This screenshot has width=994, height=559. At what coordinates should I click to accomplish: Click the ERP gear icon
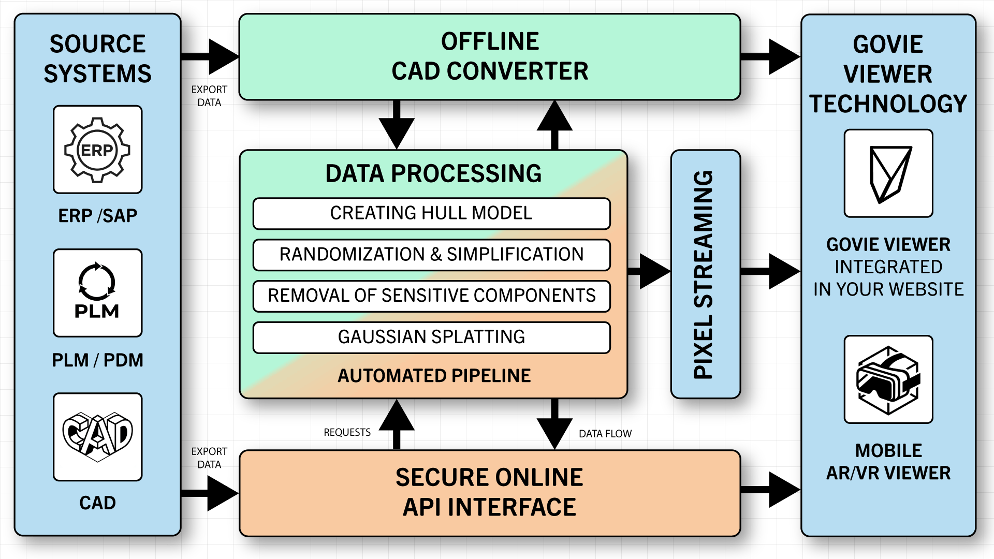click(x=97, y=150)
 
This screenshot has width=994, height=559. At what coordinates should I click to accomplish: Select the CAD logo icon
click(x=97, y=437)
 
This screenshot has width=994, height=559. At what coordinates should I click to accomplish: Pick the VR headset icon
click(x=888, y=380)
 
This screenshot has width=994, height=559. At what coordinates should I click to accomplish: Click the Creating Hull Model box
click(x=431, y=213)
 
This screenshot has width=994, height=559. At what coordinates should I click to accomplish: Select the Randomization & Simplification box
click(x=431, y=255)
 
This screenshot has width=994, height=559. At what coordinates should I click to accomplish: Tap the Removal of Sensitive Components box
click(x=431, y=296)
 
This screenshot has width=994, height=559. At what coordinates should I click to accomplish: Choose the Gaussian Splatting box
click(x=431, y=337)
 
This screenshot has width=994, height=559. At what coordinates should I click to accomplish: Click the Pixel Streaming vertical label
click(x=704, y=275)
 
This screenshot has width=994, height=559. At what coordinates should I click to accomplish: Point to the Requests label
click(x=347, y=432)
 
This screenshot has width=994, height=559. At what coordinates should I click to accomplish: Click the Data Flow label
click(x=605, y=434)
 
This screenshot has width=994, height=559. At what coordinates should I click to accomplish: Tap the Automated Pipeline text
click(x=434, y=376)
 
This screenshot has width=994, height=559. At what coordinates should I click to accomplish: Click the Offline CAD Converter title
click(x=490, y=56)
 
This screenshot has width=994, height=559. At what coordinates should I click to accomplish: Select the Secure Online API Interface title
click(x=489, y=492)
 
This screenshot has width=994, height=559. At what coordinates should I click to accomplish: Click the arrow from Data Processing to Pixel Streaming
click(x=649, y=271)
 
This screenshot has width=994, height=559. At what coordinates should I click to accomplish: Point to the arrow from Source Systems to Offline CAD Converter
click(x=210, y=56)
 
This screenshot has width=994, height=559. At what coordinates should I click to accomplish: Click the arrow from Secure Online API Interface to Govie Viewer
click(x=770, y=490)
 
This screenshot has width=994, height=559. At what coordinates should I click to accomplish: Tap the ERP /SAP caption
click(x=97, y=216)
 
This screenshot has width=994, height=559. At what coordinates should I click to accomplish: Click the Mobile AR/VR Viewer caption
click(x=888, y=462)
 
